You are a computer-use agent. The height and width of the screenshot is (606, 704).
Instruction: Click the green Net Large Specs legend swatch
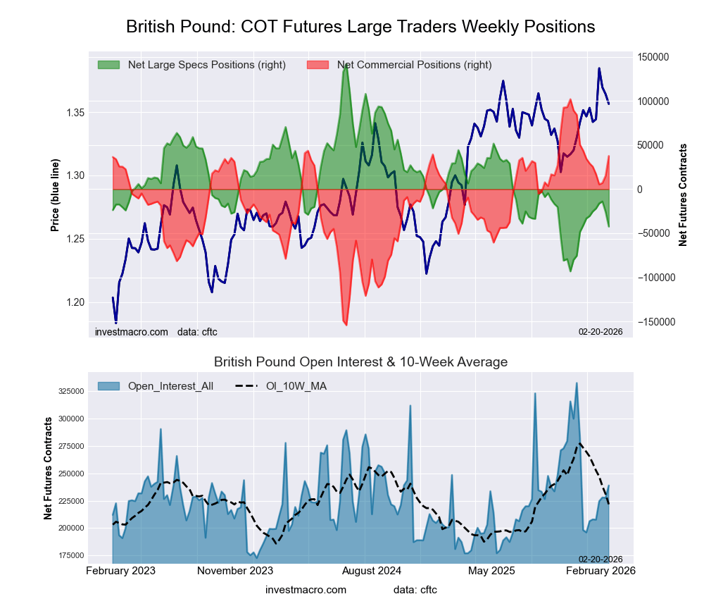[108, 65]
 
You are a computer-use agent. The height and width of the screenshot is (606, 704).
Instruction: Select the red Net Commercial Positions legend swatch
[318, 65]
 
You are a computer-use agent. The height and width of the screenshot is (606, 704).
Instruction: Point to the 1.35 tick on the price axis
[75, 113]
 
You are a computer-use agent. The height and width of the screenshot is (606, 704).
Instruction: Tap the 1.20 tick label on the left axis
[75, 303]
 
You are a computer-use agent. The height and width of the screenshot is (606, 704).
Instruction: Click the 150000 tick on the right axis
[653, 57]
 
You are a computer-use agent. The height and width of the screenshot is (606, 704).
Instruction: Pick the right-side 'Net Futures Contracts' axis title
[683, 194]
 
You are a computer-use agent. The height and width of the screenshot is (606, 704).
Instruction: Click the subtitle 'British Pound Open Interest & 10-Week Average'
[360, 362]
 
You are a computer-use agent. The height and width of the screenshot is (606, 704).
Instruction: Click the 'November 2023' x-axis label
[235, 570]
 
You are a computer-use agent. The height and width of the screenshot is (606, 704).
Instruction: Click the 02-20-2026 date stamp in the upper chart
[601, 330]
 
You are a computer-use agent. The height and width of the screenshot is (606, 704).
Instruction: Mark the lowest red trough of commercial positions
[346, 325]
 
